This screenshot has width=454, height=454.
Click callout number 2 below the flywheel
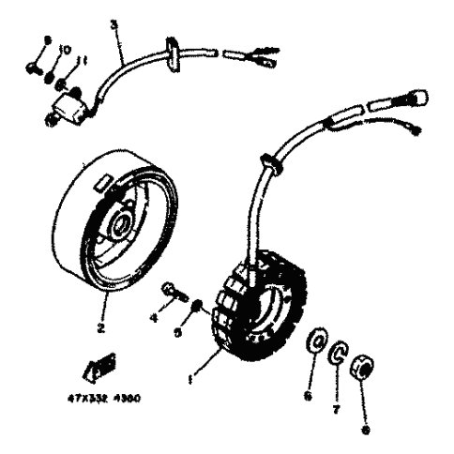tap(100, 329)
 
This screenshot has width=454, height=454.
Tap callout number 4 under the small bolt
tap(154, 318)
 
